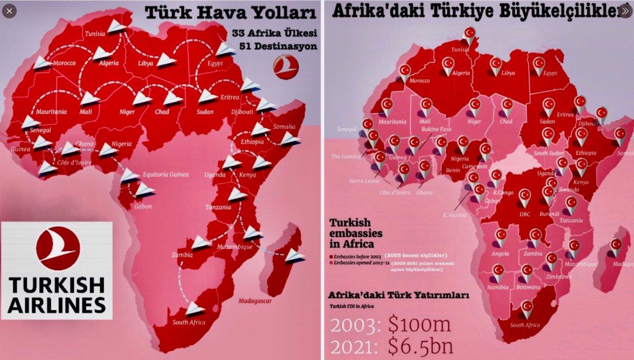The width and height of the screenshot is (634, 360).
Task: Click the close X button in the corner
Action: [10, 11]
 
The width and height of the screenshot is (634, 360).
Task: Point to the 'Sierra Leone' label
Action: [364, 181]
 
